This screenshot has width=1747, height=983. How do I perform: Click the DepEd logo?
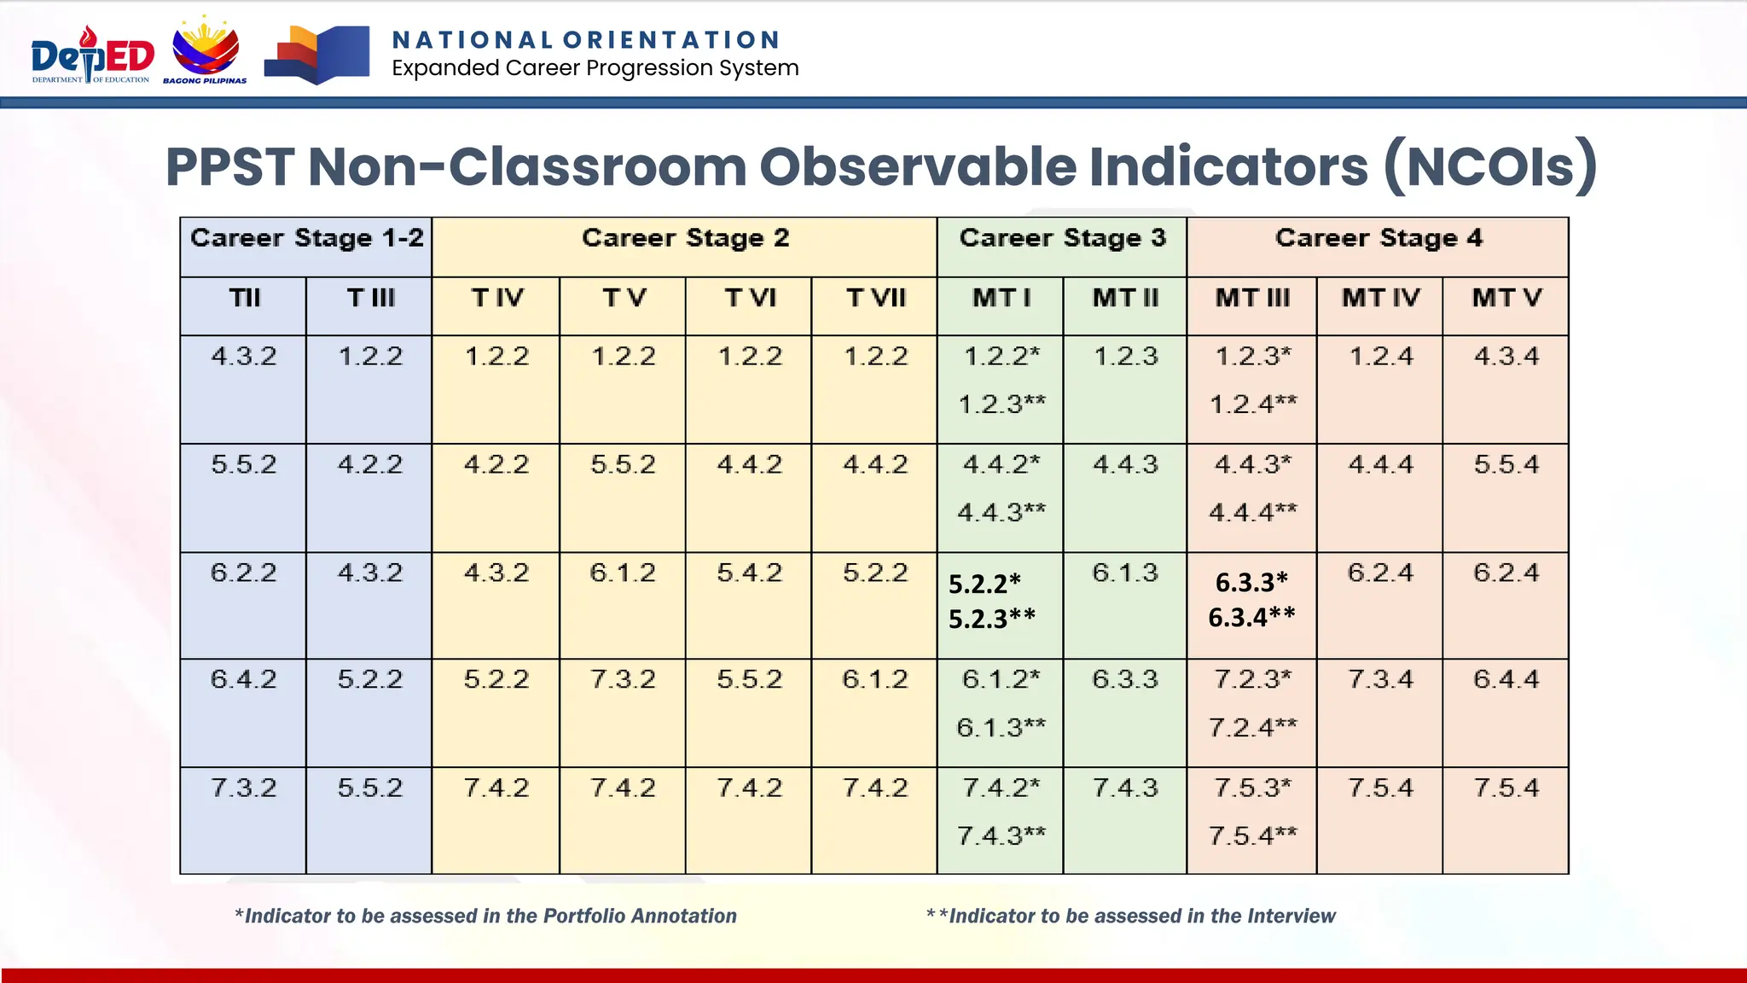pos(92,55)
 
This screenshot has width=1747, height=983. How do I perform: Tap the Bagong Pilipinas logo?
pos(206,51)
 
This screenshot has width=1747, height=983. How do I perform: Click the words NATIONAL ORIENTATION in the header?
pos(586,40)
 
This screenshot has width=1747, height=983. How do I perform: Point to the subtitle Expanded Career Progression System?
pos(595,68)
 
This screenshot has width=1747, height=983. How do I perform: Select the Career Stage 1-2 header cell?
pos(306,238)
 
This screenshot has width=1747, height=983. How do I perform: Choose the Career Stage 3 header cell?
pos(1062,238)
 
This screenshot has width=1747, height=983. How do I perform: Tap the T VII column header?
pos(875,299)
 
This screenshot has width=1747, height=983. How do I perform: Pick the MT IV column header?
pos(1380,299)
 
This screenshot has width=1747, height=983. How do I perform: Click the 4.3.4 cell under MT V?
pos(1506,356)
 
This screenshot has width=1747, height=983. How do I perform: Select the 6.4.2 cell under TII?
pos(244,679)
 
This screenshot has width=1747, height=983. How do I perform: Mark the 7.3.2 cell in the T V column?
pos(623,679)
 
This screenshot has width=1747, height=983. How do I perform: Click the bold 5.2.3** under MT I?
pos(992,619)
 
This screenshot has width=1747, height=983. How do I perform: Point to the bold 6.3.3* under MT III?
pos(1251,583)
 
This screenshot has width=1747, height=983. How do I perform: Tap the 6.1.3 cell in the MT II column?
pos(1125,573)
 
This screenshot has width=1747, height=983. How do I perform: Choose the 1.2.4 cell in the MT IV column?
pos(1380,356)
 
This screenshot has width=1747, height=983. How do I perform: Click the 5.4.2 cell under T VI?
pos(749,573)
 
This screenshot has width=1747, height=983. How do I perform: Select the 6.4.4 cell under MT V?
pos(1506,679)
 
